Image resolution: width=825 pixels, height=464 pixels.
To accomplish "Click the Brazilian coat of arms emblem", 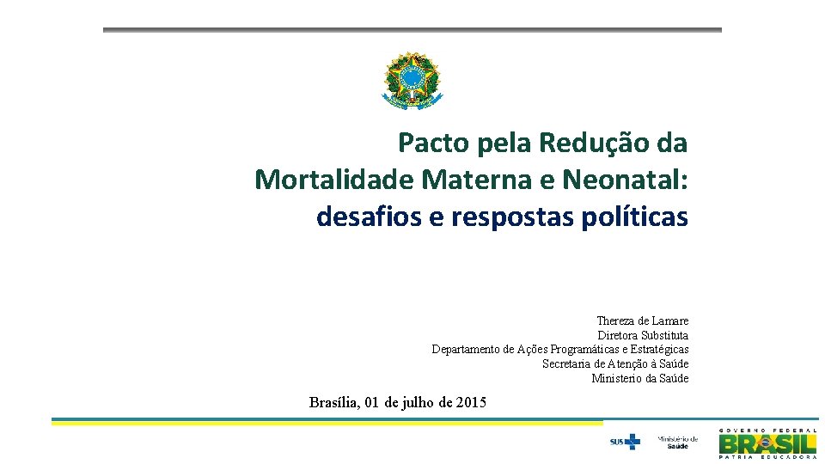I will pyautogui.click(x=411, y=80).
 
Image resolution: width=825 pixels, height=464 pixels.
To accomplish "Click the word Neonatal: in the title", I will pyautogui.click(x=626, y=180).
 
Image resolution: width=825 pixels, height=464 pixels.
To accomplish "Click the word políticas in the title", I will pyautogui.click(x=634, y=217).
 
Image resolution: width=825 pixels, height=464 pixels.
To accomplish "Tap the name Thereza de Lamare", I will pyautogui.click(x=642, y=321).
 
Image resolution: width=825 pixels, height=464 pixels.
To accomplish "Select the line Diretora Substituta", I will pyautogui.click(x=643, y=335).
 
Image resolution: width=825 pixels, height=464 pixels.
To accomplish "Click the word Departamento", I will pyautogui.click(x=466, y=350).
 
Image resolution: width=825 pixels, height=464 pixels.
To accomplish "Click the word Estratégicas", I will pyautogui.click(x=659, y=350).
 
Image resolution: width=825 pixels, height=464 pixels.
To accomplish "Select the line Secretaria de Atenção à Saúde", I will pyautogui.click(x=615, y=364).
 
